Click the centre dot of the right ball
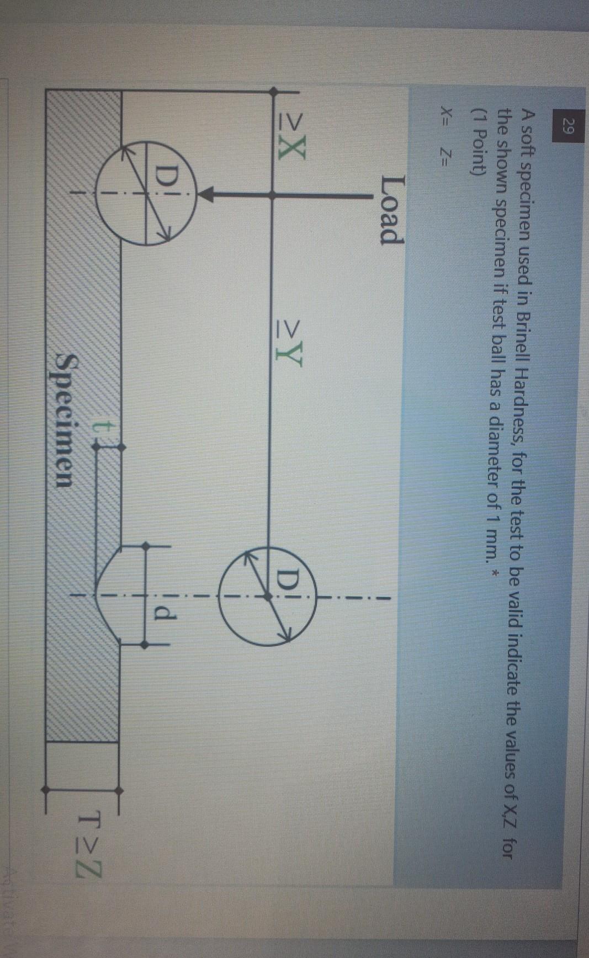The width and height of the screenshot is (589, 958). pos(267,596)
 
